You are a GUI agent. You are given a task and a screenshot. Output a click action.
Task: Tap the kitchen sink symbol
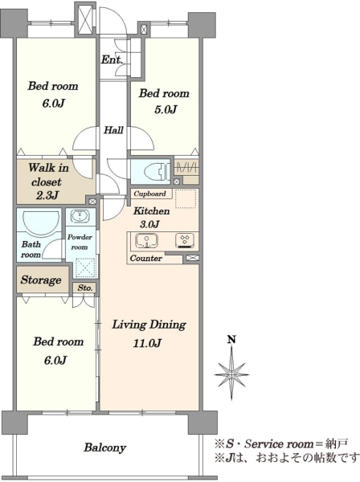pyautogui.click(x=146, y=240)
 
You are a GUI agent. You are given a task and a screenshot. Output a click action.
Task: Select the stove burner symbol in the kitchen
pyautogui.click(x=185, y=241)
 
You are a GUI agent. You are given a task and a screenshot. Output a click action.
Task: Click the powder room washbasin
pyautogui.click(x=80, y=216)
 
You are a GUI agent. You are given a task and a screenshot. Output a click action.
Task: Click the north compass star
pyautogui.click(x=231, y=374)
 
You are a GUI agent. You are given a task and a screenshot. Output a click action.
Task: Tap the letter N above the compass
pyautogui.click(x=231, y=339)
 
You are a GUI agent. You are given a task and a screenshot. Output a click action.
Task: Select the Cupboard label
pyautogui.click(x=149, y=194)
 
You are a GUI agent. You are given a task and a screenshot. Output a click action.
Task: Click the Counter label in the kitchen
pyautogui.click(x=145, y=258)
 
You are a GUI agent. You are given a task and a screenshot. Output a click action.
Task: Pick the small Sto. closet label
pyautogui.click(x=85, y=288)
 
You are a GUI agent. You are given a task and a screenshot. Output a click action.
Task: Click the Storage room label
pyautogui.click(x=41, y=280)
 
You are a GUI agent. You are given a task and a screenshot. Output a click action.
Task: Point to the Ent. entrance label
pyautogui.click(x=112, y=59)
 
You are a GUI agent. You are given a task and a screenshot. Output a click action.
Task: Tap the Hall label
pyautogui.click(x=113, y=130)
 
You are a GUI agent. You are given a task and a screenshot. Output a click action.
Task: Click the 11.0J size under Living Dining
pyautogui.click(x=147, y=343)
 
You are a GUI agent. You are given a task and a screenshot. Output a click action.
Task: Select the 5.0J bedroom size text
pyautogui.click(x=166, y=109)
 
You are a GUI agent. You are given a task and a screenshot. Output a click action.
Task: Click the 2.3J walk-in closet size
pyautogui.click(x=47, y=195)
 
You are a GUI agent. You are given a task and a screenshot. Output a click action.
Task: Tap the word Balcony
pyautogui.click(x=105, y=447)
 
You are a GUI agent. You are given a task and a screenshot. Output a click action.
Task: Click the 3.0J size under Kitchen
pyautogui.click(x=149, y=224)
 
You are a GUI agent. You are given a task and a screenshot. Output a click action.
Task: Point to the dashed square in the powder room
pyautogui.click(x=86, y=268)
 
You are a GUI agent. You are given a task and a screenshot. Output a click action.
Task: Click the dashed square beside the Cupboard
pyautogui.click(x=186, y=199)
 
